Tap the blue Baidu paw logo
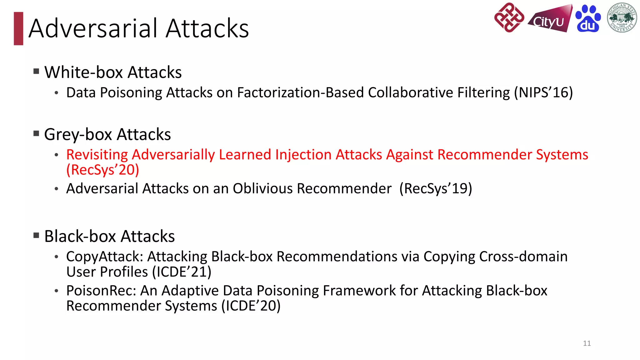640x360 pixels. click(588, 19)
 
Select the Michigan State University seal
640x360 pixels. click(622, 18)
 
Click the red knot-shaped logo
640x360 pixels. click(509, 18)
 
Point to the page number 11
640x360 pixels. click(587, 343)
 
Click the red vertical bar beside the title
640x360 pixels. click(18, 28)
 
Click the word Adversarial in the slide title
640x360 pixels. click(94, 28)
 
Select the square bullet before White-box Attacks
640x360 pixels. click(36, 72)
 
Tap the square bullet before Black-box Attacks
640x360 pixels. click(36, 235)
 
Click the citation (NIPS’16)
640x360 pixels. click(543, 92)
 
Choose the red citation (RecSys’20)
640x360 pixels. click(102, 170)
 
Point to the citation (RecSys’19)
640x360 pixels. click(436, 188)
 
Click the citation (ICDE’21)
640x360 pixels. click(182, 272)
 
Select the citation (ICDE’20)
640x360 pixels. click(251, 306)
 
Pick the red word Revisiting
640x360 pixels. click(97, 155)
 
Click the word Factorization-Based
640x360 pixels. click(300, 92)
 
